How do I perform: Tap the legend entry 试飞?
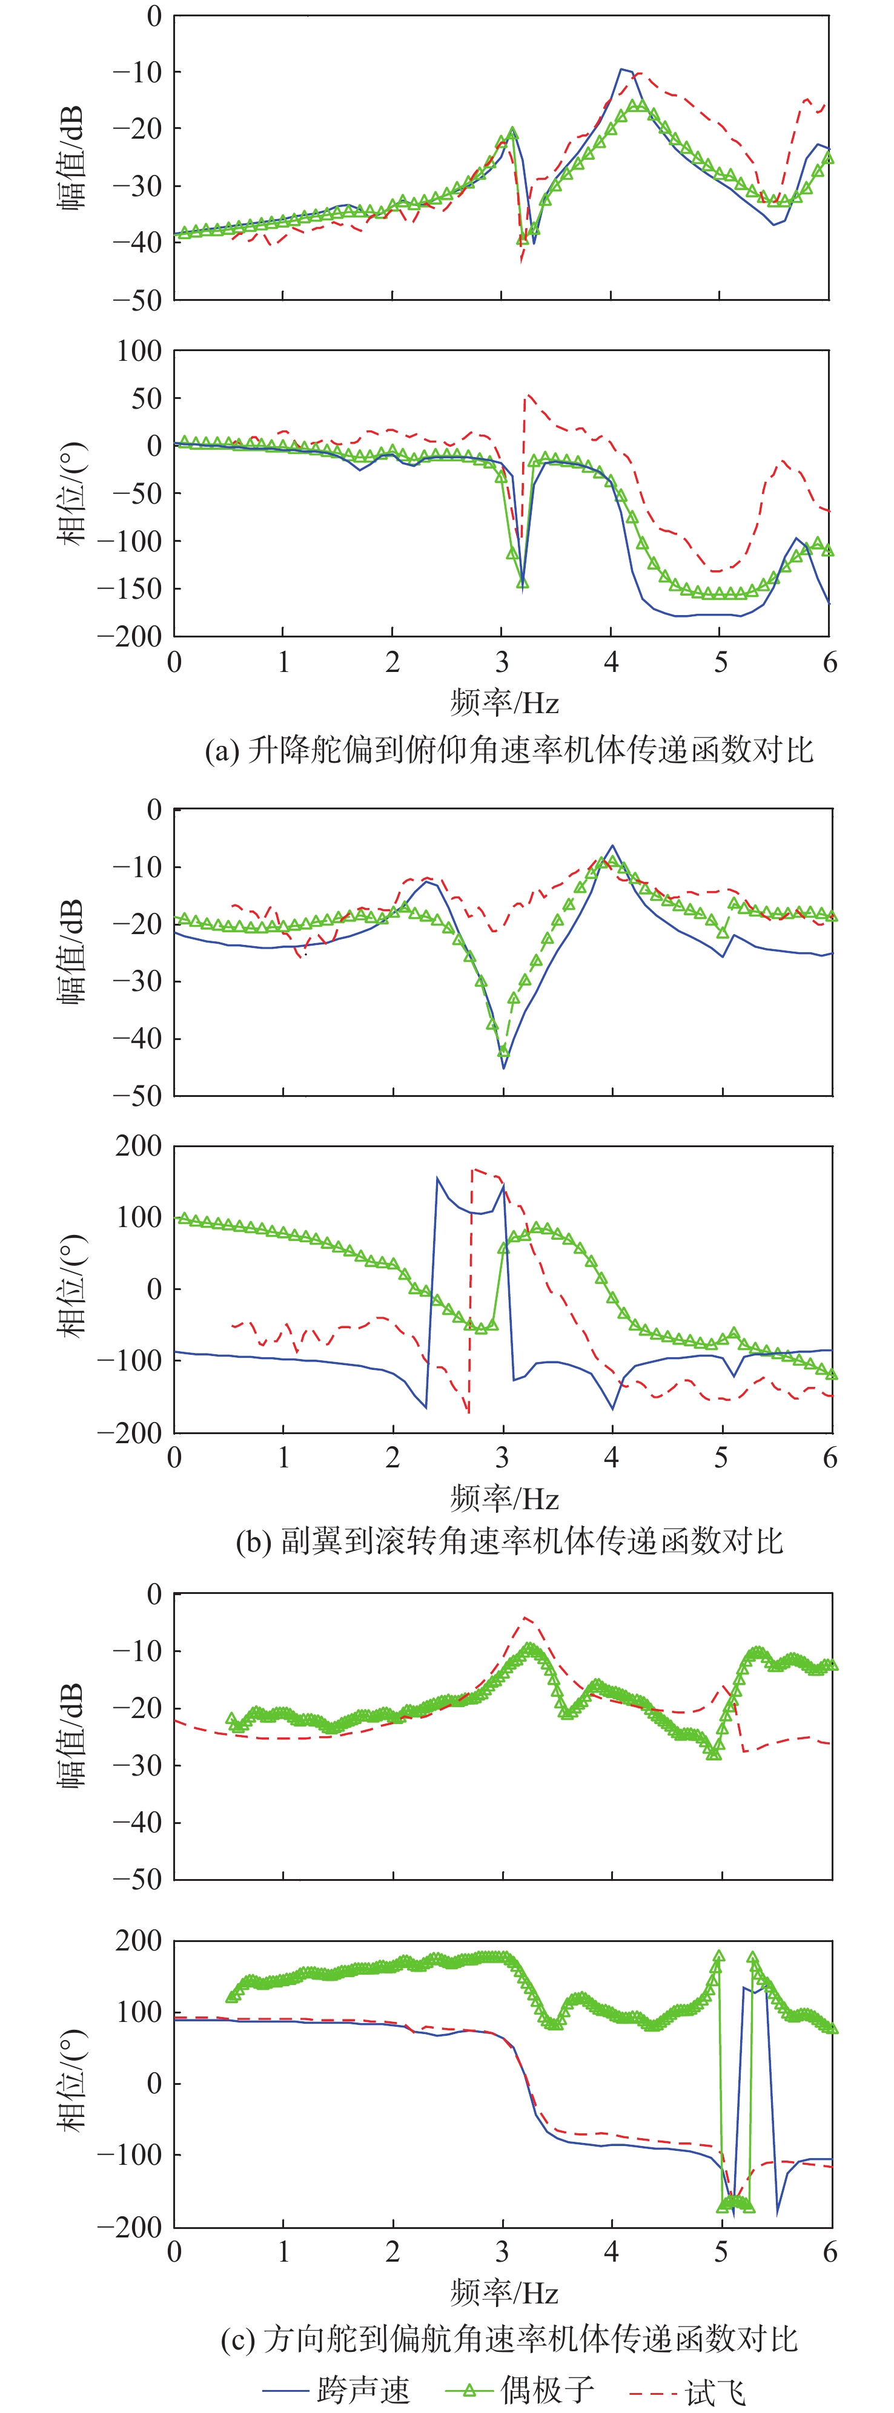(x=715, y=2391)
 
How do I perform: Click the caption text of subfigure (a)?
(x=509, y=750)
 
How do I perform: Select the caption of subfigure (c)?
(x=509, y=2339)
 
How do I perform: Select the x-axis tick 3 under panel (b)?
(x=502, y=1458)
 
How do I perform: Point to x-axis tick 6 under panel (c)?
(x=829, y=2252)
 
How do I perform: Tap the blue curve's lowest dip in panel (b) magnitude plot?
(x=503, y=1068)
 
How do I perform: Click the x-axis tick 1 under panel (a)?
(x=283, y=662)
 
